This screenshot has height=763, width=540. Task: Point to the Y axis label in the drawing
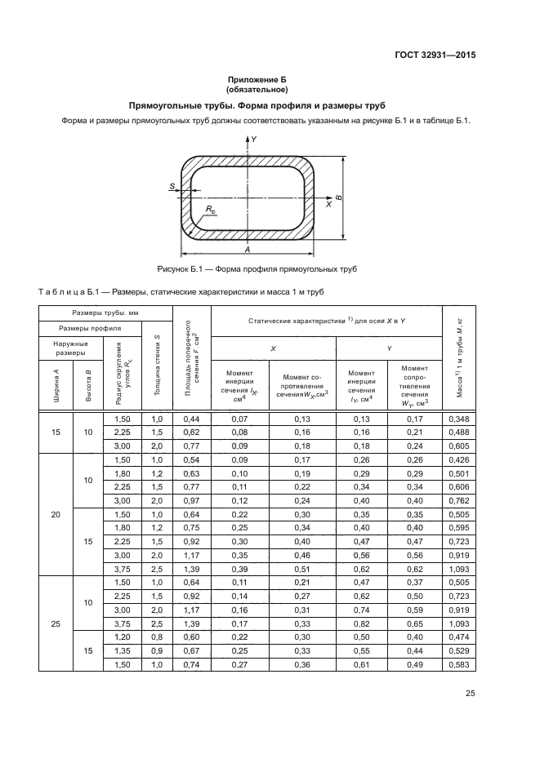pos(254,140)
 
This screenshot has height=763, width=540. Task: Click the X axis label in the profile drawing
pos(328,205)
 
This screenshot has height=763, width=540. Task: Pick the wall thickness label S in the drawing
pos(172,187)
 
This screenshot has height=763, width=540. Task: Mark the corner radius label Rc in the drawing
pos(211,211)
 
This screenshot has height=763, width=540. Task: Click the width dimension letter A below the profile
pos(246,251)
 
